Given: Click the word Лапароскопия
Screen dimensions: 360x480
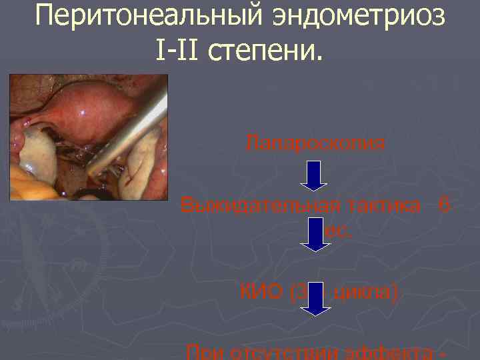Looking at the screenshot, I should (315, 142).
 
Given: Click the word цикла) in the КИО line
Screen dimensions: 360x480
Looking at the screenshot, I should (366, 291).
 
